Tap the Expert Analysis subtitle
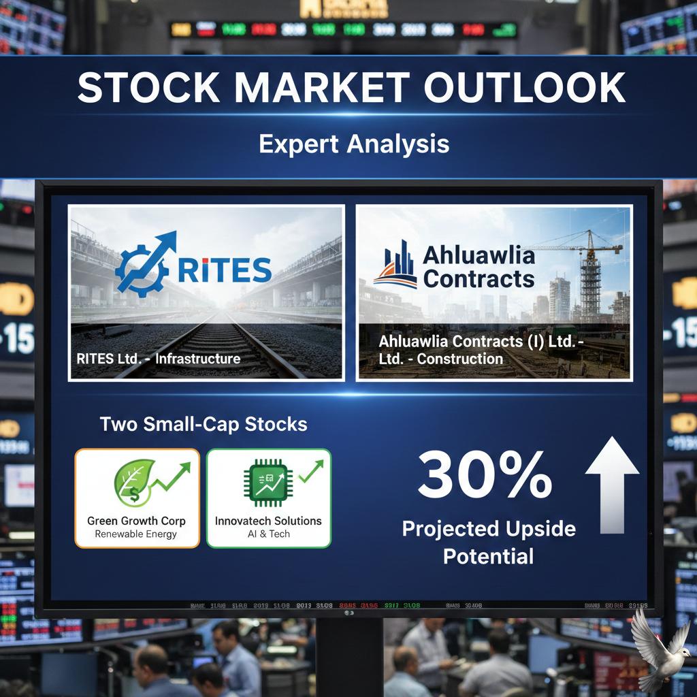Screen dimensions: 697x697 click(x=354, y=144)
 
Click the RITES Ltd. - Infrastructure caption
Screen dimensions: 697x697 click(x=159, y=358)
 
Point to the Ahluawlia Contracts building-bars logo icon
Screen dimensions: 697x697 click(x=395, y=266)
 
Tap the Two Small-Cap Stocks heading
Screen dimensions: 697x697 click(x=204, y=424)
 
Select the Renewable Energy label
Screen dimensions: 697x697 click(x=136, y=534)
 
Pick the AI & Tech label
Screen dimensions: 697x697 click(x=268, y=534)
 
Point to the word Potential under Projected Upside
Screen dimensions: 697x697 click(x=488, y=557)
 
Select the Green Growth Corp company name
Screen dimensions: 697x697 click(x=136, y=521)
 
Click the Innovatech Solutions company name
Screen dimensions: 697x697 click(x=268, y=521)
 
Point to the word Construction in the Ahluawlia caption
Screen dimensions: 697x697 click(x=459, y=359)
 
